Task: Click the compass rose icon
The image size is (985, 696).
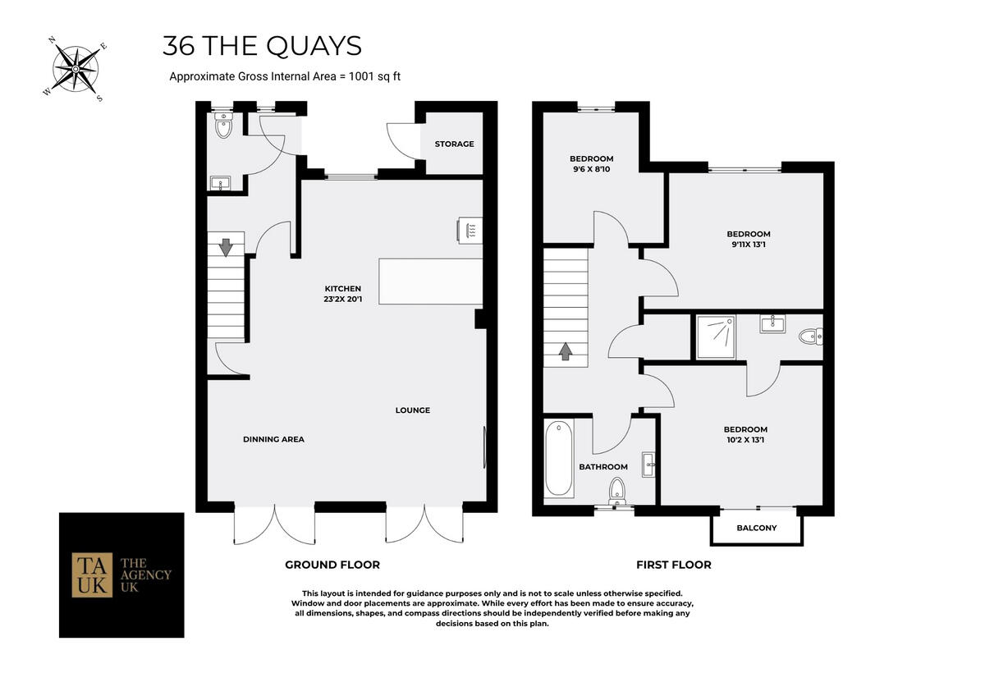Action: tap(75, 68)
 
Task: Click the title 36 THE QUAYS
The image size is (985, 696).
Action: tap(262, 46)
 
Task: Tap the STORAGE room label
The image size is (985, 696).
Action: tap(454, 144)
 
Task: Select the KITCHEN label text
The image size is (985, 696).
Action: tap(342, 288)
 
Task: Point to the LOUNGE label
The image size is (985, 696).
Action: tap(412, 410)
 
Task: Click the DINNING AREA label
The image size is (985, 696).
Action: tap(273, 439)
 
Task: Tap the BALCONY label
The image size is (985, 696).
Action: tap(756, 528)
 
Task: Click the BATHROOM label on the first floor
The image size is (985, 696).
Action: tap(603, 467)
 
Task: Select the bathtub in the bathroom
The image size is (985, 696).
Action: tap(558, 458)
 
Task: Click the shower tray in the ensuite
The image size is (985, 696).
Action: tap(717, 337)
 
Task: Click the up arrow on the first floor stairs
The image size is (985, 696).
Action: tap(566, 351)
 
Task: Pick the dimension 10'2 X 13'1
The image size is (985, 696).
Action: tap(744, 440)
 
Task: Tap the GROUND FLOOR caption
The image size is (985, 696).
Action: tap(332, 565)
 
